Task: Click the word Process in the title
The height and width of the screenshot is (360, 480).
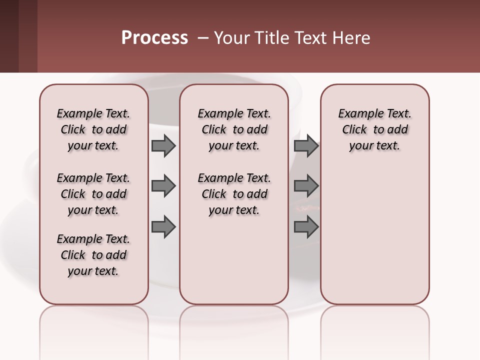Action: pos(154,38)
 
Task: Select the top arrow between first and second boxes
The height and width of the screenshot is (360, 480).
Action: pos(163,145)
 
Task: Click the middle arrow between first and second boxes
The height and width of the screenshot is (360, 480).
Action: pos(163,186)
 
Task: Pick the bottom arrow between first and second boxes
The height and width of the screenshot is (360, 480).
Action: pos(163,227)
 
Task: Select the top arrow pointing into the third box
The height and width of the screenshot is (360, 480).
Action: pos(306,145)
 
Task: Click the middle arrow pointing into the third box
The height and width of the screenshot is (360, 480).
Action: pos(306,186)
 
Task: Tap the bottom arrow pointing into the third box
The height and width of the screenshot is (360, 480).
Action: pos(306,227)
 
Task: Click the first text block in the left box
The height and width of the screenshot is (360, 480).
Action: pos(93,129)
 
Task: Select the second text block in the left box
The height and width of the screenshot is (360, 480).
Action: pos(93,194)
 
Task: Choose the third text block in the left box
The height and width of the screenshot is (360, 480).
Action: pos(93,255)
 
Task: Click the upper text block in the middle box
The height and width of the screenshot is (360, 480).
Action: pos(234,129)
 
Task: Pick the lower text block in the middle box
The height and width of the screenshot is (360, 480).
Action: pos(234,194)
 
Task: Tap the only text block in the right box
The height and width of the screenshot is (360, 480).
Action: pos(374,129)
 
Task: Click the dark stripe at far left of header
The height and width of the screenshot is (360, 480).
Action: pos(9,36)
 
